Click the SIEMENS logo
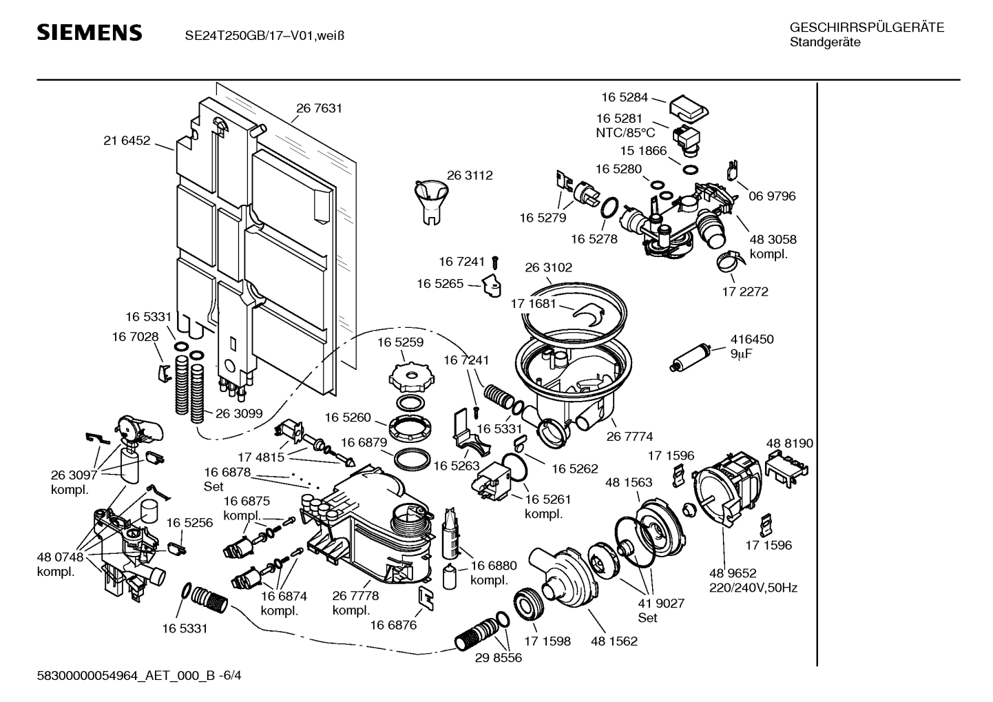click(89, 32)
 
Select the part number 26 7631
click(319, 108)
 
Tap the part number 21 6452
click(127, 141)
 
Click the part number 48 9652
click(733, 573)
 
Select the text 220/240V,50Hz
click(753, 588)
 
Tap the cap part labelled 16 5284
click(689, 107)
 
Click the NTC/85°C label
click(625, 132)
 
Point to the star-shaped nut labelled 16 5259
click(409, 376)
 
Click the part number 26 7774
click(629, 436)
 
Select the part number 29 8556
click(498, 658)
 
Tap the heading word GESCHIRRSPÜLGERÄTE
click(866, 28)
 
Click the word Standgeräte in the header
click(824, 42)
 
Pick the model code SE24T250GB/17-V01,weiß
click(264, 34)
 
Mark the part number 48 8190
click(789, 443)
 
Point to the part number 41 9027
click(661, 603)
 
